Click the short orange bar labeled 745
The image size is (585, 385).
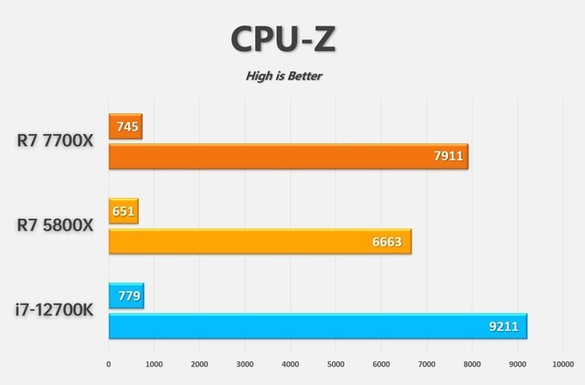coord(125,127)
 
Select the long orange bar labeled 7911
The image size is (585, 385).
coord(288,156)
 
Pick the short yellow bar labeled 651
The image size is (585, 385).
coord(123,212)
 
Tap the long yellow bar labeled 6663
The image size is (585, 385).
coord(260,241)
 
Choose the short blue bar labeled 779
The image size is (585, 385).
coord(126,297)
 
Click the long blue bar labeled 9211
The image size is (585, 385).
coord(318,326)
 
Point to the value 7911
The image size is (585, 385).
coord(449,156)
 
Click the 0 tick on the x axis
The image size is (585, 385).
coord(109,365)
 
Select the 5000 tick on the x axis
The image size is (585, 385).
coord(335,365)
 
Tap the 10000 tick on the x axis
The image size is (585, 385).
coord(561,365)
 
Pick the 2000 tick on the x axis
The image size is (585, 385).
coord(199,365)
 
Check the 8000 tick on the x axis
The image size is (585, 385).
coord(471,365)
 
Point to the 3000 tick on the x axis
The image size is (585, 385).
coord(245,365)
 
